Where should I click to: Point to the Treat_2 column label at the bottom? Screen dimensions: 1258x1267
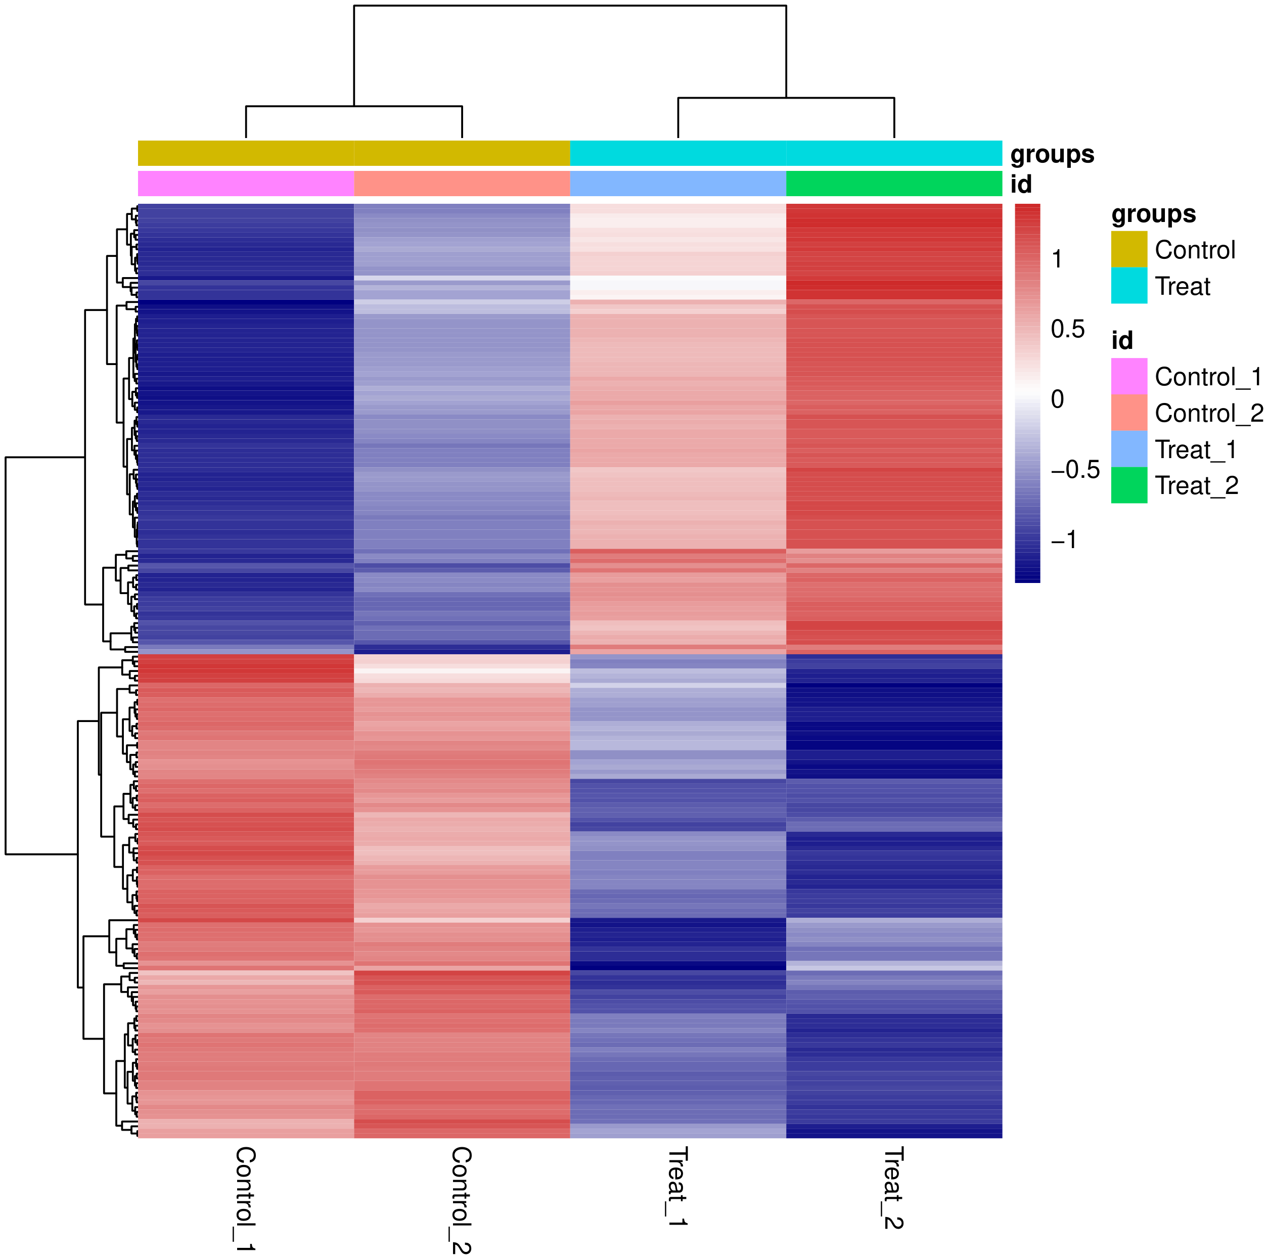[893, 1187]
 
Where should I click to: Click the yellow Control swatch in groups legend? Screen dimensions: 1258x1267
[1128, 249]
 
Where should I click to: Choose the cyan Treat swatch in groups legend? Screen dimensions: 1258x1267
[1128, 285]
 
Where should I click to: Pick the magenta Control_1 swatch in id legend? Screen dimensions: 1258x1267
[1128, 376]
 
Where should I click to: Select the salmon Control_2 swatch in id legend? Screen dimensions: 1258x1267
[1128, 412]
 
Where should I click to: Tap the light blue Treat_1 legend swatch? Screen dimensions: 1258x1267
[1128, 448]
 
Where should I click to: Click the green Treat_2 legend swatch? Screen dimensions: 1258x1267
[1128, 485]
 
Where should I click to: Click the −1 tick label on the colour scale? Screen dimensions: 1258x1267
[1063, 540]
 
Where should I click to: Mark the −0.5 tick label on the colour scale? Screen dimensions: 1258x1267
[1074, 470]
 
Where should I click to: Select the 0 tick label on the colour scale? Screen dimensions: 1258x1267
[1057, 399]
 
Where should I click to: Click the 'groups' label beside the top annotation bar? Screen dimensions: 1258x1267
[1052, 154]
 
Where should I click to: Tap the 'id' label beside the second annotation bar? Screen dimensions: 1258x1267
[1021, 185]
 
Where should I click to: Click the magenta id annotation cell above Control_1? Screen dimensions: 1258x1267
[246, 184]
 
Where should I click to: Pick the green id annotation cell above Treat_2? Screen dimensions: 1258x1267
[894, 184]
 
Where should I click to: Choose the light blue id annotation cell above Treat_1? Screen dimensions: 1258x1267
[677, 184]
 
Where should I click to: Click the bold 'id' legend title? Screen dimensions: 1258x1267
[1121, 340]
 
